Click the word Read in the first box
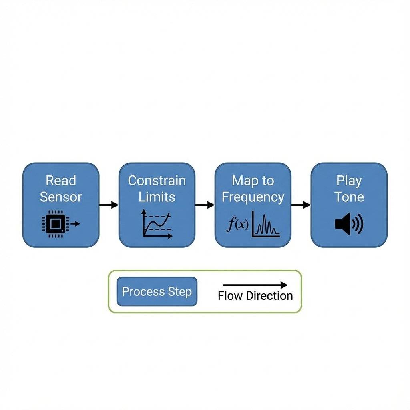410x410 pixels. pos(60,181)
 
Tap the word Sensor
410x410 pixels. pos(60,197)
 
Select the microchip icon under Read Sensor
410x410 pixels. pos(55,224)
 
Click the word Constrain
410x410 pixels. pos(157,181)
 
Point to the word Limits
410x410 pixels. pos(157,197)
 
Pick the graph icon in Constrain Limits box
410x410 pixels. pos(157,225)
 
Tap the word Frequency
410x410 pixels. pos(253,197)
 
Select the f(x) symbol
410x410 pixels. pos(236,225)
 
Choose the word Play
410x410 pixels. pos(349,181)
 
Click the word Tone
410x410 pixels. pos(349,197)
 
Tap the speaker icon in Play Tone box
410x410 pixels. pos(348,224)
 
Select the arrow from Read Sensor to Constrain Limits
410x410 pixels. pos(109,205)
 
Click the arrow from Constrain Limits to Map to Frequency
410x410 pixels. pos(205,205)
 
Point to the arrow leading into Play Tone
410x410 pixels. pos(301,205)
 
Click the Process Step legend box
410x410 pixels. pos(157,291)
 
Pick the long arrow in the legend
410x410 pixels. pos(255,285)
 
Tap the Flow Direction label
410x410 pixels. pos(255,296)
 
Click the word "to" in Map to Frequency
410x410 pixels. pos(268,181)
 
